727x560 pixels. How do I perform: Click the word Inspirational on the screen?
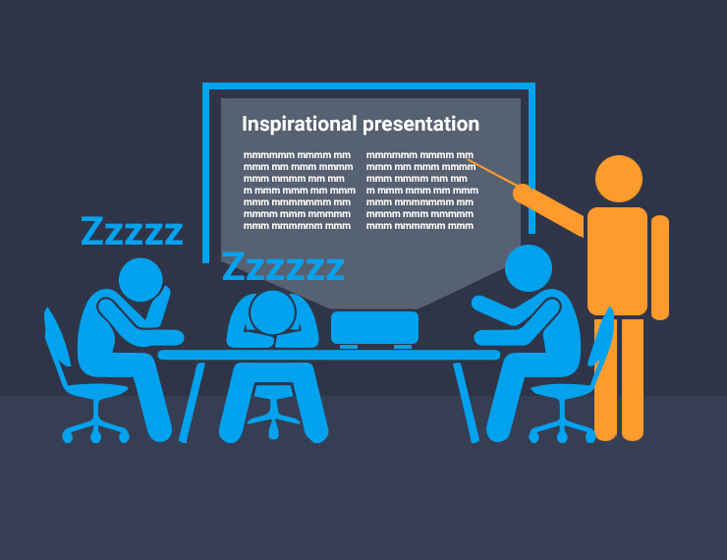tap(300, 124)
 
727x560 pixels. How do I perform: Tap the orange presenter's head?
tap(619, 179)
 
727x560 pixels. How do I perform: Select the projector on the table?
tap(374, 327)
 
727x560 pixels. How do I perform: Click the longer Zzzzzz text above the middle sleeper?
tap(283, 265)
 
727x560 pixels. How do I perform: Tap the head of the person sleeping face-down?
tap(269, 311)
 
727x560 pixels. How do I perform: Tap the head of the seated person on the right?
tap(529, 267)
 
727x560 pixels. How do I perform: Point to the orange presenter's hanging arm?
tap(660, 266)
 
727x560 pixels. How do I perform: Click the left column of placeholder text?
tap(297, 191)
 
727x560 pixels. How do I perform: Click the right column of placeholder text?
tap(419, 191)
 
